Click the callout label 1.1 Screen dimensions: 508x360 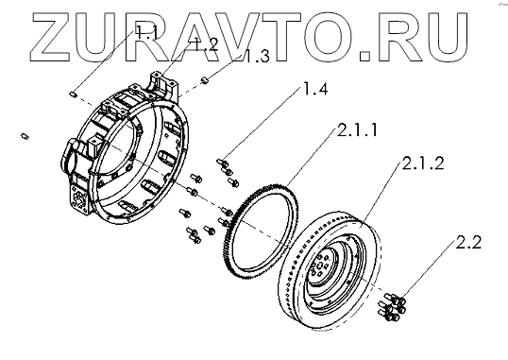[x=146, y=32]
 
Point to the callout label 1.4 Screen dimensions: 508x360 [x=314, y=88]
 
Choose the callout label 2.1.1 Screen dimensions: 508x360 [x=357, y=129]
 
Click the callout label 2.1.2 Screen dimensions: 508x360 [x=423, y=163]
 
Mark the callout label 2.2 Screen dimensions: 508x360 [x=468, y=242]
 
